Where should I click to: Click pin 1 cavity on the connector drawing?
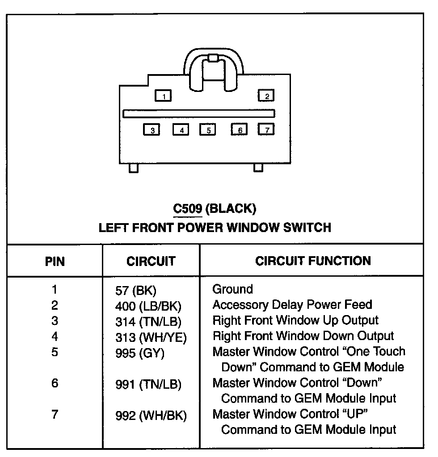click(x=163, y=96)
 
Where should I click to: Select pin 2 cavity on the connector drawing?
click(x=266, y=96)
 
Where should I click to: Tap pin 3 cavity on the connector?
click(x=152, y=130)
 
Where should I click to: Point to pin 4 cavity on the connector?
click(x=181, y=130)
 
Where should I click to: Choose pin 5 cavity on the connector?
click(x=208, y=130)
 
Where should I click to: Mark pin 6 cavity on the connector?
click(x=240, y=130)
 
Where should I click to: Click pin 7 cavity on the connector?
click(x=266, y=129)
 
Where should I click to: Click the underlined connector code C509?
click(x=188, y=208)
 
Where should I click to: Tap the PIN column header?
click(x=55, y=261)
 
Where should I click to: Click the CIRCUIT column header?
click(x=151, y=261)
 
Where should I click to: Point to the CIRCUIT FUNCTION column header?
click(x=313, y=261)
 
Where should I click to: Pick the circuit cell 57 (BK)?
click(x=136, y=291)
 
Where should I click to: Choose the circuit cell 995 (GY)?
click(x=140, y=353)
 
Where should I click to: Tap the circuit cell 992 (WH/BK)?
click(x=151, y=415)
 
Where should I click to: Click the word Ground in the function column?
click(x=232, y=289)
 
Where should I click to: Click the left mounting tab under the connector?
click(x=133, y=168)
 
